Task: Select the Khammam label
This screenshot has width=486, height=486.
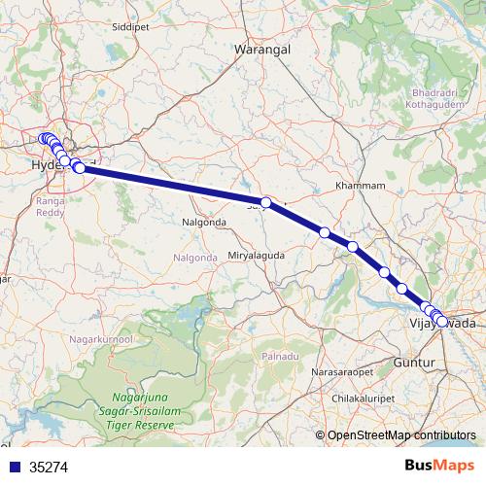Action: coord(361,185)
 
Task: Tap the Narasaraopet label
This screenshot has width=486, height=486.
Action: coord(340,372)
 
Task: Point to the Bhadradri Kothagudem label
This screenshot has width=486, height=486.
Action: coord(429,97)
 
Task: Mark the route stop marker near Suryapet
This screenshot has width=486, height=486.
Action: coord(265,201)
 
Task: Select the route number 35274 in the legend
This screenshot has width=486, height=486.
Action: coord(49,467)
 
